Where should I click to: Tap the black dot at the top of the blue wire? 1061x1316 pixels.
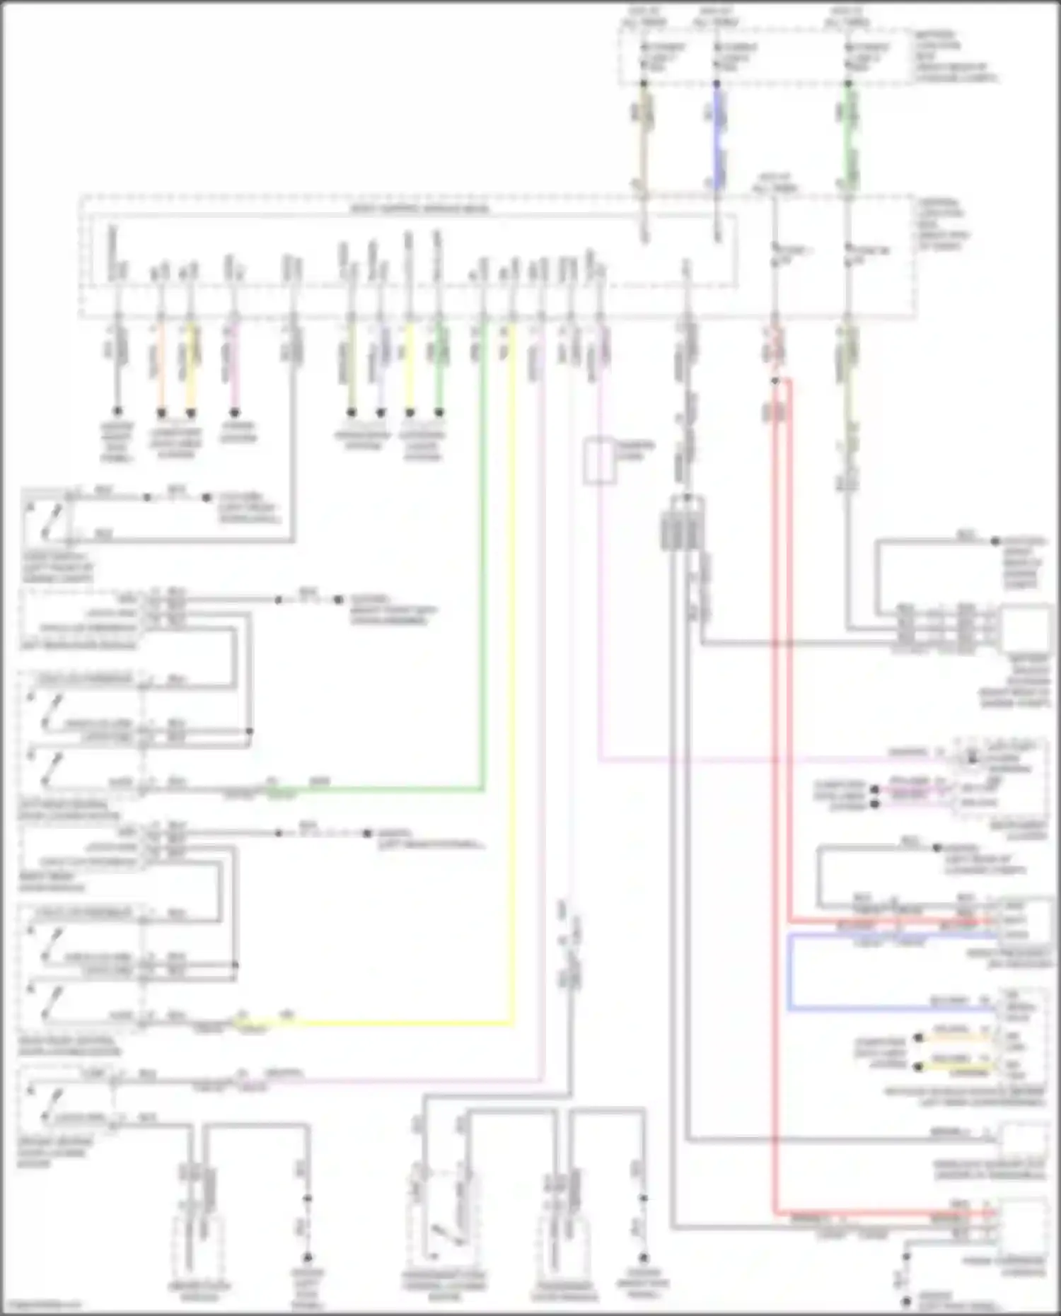[717, 83]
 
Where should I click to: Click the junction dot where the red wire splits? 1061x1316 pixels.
[775, 381]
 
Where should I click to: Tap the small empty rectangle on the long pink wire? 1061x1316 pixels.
[598, 462]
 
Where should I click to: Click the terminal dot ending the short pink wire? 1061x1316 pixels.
[235, 412]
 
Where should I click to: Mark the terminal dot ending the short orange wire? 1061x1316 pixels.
[161, 412]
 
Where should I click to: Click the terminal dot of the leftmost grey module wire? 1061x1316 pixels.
[117, 411]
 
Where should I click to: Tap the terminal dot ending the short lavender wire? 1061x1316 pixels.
[381, 412]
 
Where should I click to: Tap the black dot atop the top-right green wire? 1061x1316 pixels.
[848, 83]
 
